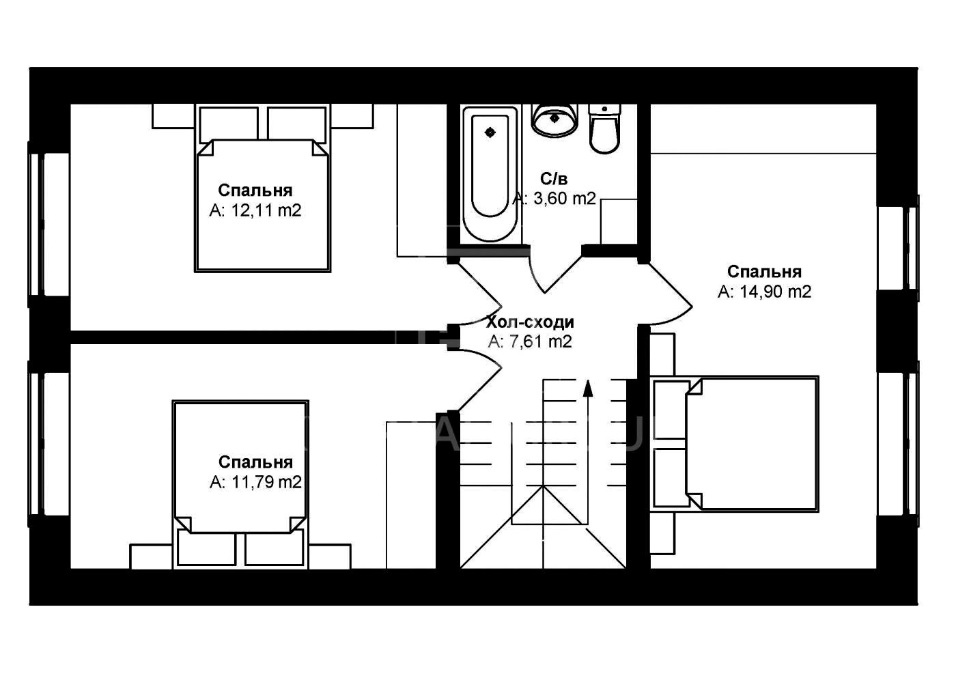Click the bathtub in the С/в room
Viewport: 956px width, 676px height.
(x=490, y=174)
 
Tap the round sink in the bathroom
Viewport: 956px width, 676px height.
(x=554, y=120)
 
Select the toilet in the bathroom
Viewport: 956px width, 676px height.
(x=604, y=128)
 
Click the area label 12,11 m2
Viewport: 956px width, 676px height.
(x=266, y=210)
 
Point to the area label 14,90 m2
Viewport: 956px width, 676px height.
(x=775, y=292)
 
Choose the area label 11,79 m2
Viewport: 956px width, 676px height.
(x=266, y=482)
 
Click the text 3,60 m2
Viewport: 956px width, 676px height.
(x=564, y=199)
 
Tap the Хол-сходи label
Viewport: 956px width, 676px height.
(x=530, y=322)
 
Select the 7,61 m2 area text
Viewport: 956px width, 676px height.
(x=540, y=342)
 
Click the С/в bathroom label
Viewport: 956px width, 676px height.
(x=554, y=179)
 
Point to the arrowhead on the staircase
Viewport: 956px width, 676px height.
(x=588, y=389)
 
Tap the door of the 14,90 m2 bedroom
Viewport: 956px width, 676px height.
(x=669, y=294)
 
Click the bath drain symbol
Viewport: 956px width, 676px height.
(x=490, y=132)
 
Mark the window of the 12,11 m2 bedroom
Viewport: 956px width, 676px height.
(x=36, y=224)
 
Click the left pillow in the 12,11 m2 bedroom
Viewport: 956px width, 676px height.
(x=229, y=124)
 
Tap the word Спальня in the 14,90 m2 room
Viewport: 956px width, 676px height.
(x=764, y=272)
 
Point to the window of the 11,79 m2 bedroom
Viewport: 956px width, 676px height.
(x=36, y=444)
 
